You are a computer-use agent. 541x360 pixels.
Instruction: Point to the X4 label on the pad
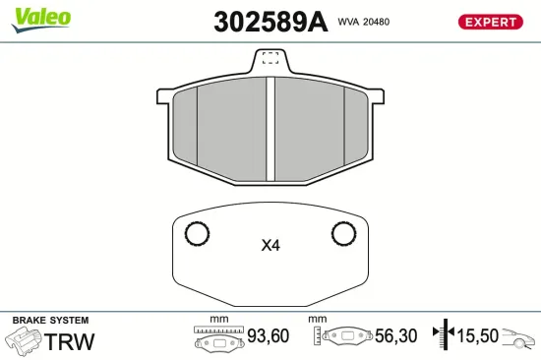point(270,246)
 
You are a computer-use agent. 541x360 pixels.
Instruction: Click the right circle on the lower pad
point(343,234)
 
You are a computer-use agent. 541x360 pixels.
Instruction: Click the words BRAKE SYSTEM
point(49,321)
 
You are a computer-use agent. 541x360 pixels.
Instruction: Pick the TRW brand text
point(71,341)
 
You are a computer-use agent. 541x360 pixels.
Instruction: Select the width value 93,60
point(268,336)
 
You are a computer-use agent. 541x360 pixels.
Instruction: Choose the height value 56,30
point(395,336)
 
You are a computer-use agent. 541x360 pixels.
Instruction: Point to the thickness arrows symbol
point(446,335)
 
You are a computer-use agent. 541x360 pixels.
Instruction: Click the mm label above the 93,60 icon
point(218,320)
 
